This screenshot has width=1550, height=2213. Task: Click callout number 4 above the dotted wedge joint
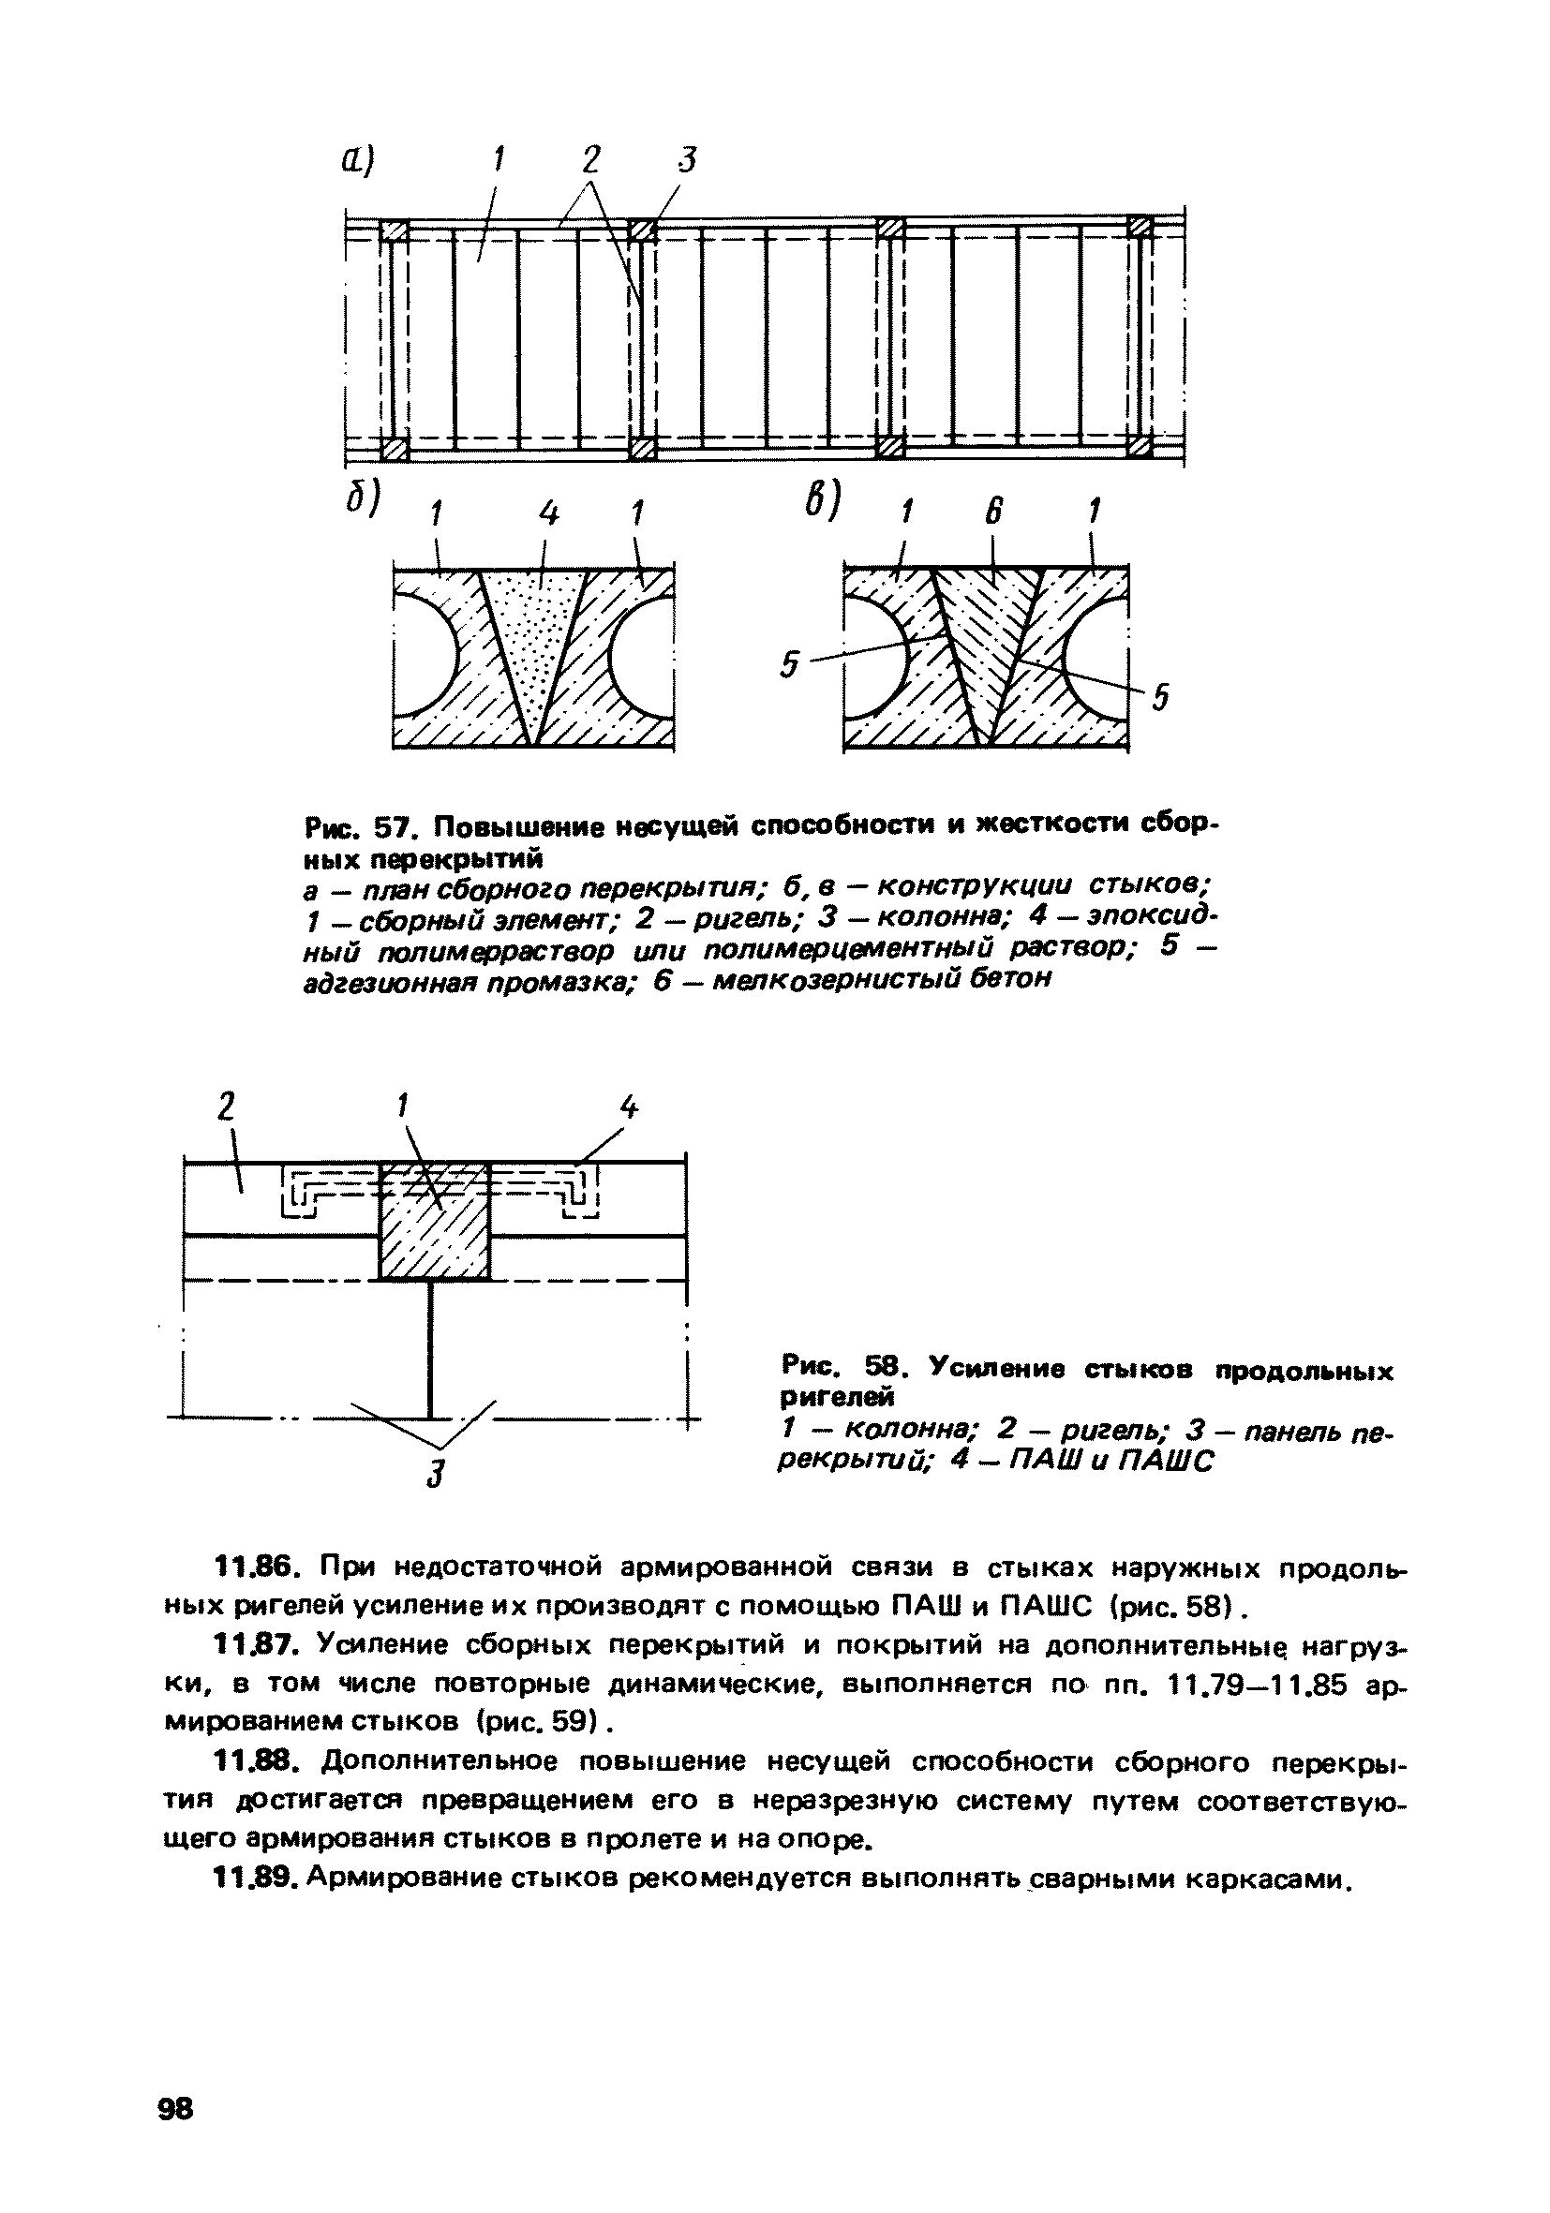coord(548,516)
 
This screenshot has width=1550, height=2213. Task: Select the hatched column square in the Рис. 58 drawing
coord(434,1221)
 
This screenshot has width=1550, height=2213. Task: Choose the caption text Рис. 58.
coord(836,1370)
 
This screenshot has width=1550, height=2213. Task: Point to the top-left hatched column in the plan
coord(395,230)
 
